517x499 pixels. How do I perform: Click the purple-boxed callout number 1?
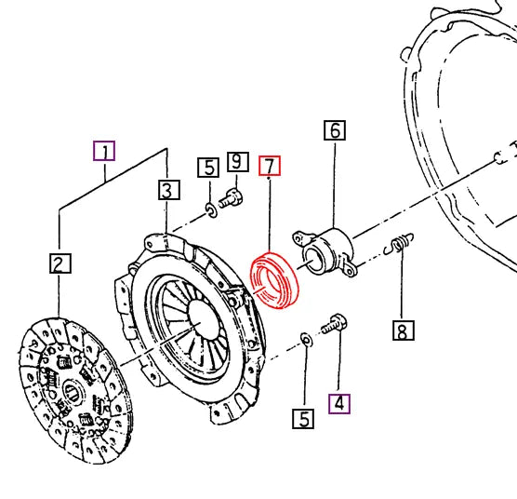(105, 152)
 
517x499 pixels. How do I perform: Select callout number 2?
(60, 265)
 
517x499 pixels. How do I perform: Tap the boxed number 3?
(166, 191)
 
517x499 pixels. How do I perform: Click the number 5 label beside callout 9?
(207, 168)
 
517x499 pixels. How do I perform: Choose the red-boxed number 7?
(269, 167)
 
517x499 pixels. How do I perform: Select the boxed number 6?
(334, 131)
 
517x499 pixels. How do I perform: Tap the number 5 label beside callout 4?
(303, 419)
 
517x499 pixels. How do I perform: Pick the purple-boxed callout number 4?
(339, 403)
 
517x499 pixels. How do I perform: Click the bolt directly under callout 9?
(232, 197)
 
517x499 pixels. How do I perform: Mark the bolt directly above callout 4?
(335, 326)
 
